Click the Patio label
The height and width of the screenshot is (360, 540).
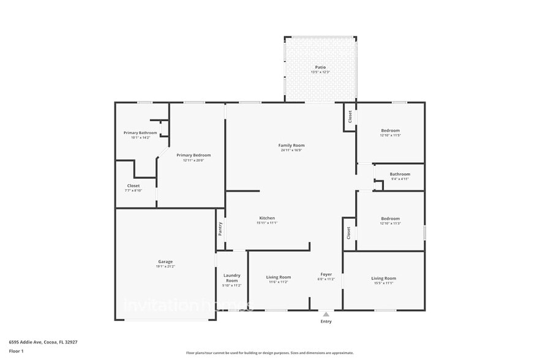click(x=320, y=67)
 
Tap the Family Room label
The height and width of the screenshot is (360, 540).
click(x=291, y=145)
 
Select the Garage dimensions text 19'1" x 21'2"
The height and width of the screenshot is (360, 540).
click(x=165, y=267)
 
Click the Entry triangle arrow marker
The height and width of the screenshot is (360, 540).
click(x=326, y=314)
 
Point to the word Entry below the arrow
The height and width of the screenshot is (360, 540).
click(x=326, y=321)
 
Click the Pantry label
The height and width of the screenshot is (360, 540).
click(x=220, y=228)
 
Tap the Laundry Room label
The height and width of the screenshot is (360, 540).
click(x=231, y=278)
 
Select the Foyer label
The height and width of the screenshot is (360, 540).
click(x=326, y=274)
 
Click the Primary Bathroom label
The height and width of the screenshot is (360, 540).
click(x=140, y=133)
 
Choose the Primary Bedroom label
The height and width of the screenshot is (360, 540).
click(x=193, y=156)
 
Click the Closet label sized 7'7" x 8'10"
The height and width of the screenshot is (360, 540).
click(x=133, y=186)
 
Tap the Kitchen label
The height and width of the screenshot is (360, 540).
click(x=267, y=218)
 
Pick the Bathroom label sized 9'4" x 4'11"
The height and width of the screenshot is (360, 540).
click(x=400, y=174)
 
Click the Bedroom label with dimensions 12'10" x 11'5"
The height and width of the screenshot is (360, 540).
click(x=390, y=130)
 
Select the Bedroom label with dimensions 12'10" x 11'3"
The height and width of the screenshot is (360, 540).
click(x=390, y=219)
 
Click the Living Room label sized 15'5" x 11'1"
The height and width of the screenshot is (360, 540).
click(x=384, y=278)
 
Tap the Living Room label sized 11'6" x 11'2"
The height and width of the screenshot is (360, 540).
click(x=279, y=277)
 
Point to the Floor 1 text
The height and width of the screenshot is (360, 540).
click(x=16, y=351)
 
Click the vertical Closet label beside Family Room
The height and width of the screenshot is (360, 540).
click(x=350, y=116)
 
